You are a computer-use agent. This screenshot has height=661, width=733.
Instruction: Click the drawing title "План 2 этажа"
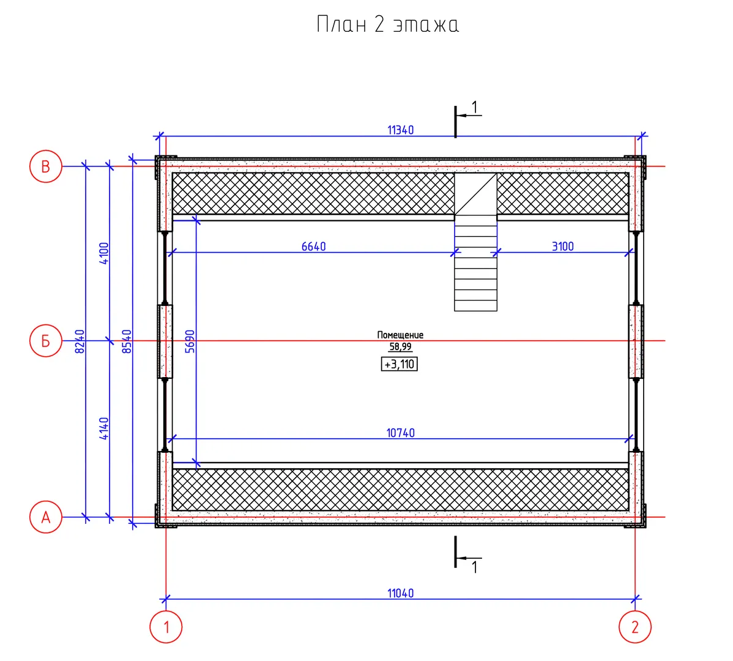tap(387, 25)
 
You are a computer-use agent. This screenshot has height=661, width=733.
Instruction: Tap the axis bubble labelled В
tap(46, 166)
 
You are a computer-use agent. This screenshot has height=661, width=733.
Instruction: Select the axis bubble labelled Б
tap(46, 341)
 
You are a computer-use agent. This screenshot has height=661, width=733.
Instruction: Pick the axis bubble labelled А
tap(46, 517)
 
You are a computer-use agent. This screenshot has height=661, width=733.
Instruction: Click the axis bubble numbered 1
tap(166, 627)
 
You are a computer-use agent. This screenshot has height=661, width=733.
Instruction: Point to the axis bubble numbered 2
tap(634, 627)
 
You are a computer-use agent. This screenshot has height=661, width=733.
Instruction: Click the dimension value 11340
tap(400, 130)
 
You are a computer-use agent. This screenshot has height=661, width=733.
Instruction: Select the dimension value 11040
tap(400, 593)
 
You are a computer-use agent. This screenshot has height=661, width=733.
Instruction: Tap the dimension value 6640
tap(313, 247)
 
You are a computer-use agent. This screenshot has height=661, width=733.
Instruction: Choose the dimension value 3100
tap(562, 247)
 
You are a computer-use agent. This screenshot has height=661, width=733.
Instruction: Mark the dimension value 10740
tap(400, 433)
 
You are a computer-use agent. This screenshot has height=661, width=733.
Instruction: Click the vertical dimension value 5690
tap(190, 341)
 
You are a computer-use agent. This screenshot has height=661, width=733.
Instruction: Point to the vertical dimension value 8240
tap(80, 341)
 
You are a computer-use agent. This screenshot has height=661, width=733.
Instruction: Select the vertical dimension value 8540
tap(127, 341)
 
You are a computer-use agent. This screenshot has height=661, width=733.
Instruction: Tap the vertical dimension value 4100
tap(104, 253)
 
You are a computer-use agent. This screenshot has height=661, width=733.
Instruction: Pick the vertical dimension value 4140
tap(104, 428)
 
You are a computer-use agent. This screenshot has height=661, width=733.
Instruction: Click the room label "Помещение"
tap(400, 335)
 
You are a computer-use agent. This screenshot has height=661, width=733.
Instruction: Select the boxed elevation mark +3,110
tap(400, 365)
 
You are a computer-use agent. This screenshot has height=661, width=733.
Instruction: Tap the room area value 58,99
tap(400, 347)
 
